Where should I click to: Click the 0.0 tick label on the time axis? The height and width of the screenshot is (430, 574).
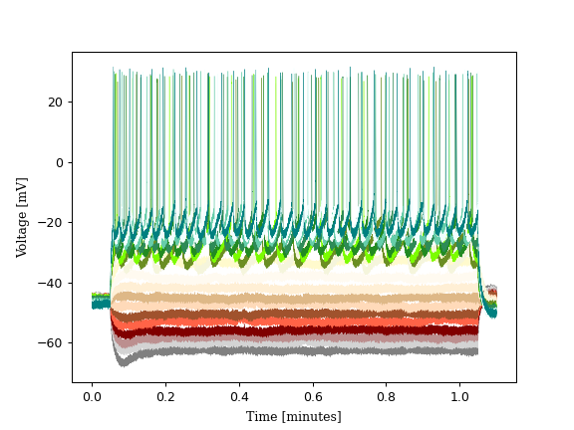tap(92, 395)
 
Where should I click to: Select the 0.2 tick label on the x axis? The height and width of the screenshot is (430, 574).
tap(165, 395)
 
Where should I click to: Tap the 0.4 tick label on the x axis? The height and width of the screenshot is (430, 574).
tap(239, 395)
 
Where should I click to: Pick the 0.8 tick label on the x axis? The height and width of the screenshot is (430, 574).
tap(386, 395)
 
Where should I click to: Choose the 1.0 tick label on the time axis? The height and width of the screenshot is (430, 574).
tap(459, 395)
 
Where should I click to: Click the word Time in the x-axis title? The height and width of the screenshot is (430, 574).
tap(262, 416)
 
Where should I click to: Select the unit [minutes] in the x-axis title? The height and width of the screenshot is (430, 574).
tap(312, 416)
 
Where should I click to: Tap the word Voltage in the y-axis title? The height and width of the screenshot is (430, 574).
tap(22, 228)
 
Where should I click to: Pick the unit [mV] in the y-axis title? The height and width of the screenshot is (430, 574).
tap(22, 187)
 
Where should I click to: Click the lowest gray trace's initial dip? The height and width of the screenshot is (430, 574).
tap(123, 361)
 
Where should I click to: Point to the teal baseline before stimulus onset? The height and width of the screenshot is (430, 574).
tap(101, 304)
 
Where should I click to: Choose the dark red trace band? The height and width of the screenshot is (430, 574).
tap(299, 331)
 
